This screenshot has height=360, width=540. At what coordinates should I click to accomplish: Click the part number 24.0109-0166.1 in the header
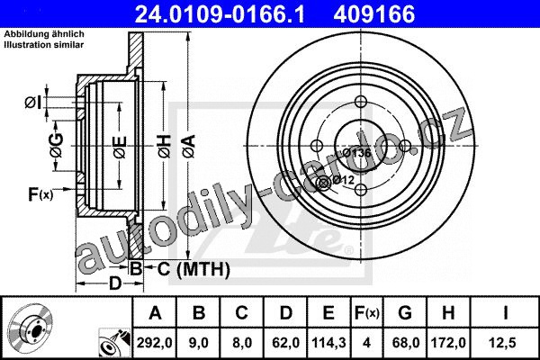click(x=220, y=14)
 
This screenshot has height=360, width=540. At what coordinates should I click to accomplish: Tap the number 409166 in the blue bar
click(x=374, y=14)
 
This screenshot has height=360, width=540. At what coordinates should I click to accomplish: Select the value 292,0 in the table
click(x=154, y=343)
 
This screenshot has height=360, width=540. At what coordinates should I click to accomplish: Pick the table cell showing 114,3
click(x=328, y=343)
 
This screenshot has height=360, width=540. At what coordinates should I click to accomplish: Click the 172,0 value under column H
click(x=448, y=343)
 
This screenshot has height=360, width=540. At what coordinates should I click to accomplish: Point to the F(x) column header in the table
click(x=367, y=313)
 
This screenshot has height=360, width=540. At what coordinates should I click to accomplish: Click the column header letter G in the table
click(x=405, y=313)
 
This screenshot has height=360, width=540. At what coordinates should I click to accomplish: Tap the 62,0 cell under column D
click(x=285, y=343)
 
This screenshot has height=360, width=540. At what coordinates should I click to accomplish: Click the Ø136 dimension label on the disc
click(x=356, y=153)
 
